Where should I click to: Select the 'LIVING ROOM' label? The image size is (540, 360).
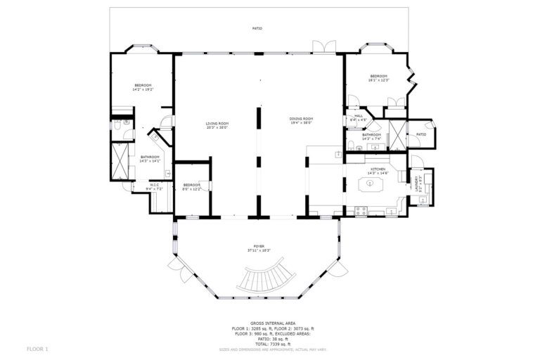[x=218, y=124]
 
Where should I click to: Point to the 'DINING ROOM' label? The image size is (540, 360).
[x=301, y=119]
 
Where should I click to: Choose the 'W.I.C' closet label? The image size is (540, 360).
[x=154, y=185]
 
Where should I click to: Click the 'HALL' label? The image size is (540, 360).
[x=358, y=116]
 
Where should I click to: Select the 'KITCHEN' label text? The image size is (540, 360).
[x=378, y=169]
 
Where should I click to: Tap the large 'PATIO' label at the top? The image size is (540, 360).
[x=257, y=29]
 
